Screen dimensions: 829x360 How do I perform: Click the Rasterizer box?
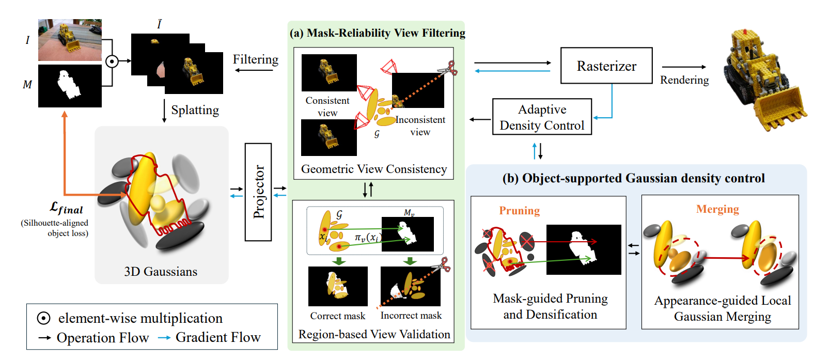pyautogui.click(x=606, y=66)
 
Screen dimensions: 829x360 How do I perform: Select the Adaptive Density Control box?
pyautogui.click(x=542, y=117)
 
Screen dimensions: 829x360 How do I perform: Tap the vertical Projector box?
pyautogui.click(x=258, y=192)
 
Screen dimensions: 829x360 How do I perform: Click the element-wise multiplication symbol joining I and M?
pyautogui.click(x=112, y=61)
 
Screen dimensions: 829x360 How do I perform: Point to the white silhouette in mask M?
pyautogui.click(x=69, y=85)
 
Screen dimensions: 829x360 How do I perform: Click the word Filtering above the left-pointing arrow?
pyautogui.click(x=255, y=59)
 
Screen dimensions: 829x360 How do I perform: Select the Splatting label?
pyautogui.click(x=195, y=110)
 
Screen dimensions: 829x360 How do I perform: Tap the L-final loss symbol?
pyautogui.click(x=66, y=208)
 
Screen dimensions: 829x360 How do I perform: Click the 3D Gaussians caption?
pyautogui.click(x=161, y=271)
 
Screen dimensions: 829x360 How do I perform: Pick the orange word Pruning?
pyautogui.click(x=519, y=211)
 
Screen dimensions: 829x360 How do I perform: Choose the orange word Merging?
pyautogui.click(x=717, y=209)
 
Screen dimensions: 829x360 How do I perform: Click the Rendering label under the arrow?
pyautogui.click(x=684, y=80)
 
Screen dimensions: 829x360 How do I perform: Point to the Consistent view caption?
pyautogui.click(x=327, y=106)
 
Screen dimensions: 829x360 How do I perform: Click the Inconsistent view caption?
pyautogui.click(x=420, y=126)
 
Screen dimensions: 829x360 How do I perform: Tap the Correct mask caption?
pyautogui.click(x=337, y=316)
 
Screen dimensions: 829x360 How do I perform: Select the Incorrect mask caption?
pyautogui.click(x=411, y=315)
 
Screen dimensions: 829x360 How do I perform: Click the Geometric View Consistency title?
pyautogui.click(x=374, y=169)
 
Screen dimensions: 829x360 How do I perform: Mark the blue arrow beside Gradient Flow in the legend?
pyautogui.click(x=164, y=337)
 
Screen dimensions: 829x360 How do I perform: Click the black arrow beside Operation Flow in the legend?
pyautogui.click(x=45, y=337)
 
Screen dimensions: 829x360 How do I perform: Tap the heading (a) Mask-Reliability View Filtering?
pyautogui.click(x=378, y=33)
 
